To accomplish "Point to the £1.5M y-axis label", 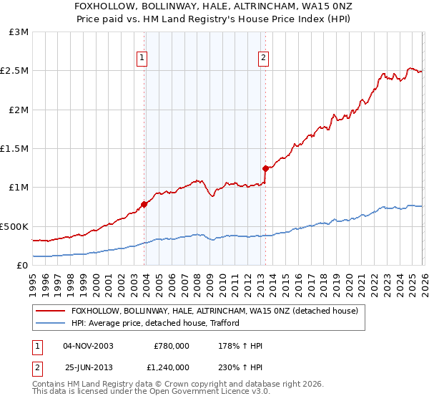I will coord(14,149).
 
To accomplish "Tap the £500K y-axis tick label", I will coord(14,226).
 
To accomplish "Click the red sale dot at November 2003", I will coord(144,204).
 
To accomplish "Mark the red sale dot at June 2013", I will coord(265,169).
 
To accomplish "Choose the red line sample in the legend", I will coord(50,310).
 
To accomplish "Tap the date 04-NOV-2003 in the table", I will coord(89,346).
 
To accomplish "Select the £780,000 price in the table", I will coord(172,346).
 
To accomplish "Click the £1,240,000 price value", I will coord(168,367).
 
